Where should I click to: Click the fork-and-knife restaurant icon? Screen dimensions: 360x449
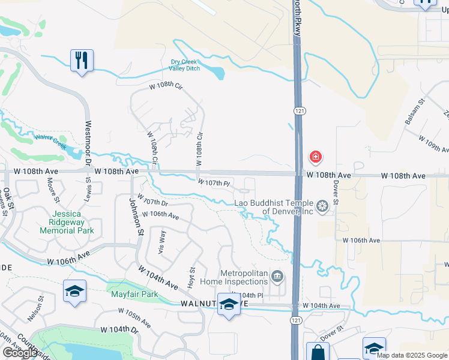82,60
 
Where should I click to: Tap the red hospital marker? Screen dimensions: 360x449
315,158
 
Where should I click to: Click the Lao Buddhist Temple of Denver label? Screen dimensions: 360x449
274,207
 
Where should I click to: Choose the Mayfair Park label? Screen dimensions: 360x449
134,294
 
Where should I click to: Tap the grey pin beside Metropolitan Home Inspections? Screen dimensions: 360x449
277,277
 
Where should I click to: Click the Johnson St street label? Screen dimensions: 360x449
136,216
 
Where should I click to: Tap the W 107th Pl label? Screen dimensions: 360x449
214,182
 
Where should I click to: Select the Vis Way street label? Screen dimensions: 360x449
161,241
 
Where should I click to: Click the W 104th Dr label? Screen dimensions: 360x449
119,330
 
